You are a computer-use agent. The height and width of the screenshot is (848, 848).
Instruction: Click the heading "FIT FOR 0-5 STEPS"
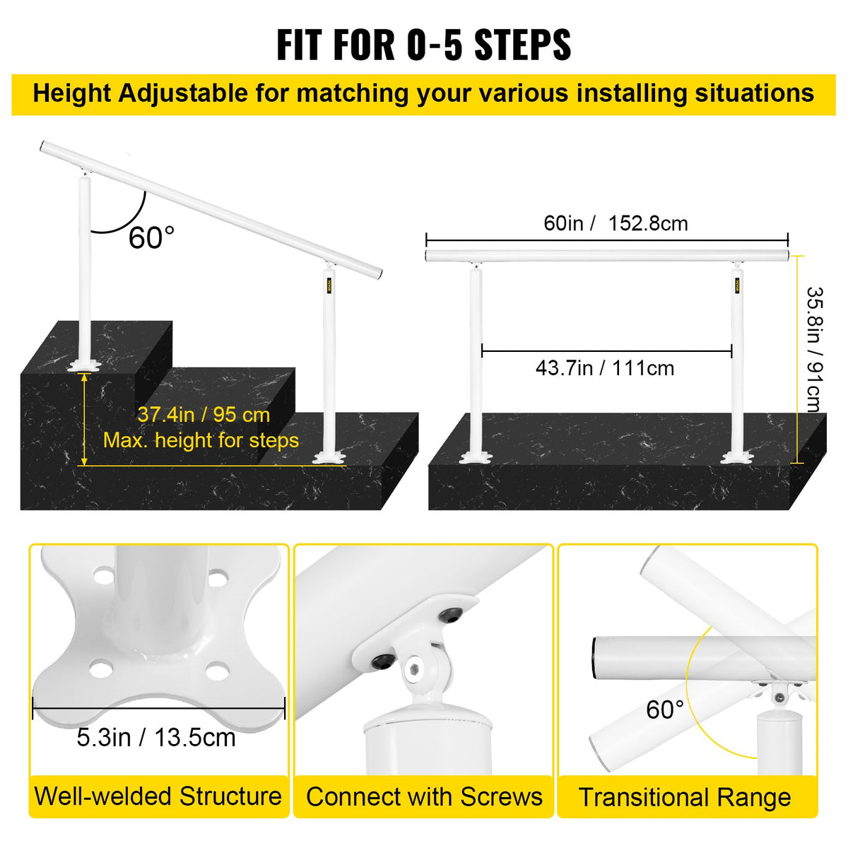(x=423, y=45)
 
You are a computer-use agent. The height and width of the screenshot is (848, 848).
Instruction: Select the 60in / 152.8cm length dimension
(x=616, y=223)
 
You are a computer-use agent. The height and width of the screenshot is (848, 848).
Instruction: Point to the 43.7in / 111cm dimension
(x=605, y=368)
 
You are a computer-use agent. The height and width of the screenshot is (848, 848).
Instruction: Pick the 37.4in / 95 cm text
(x=204, y=415)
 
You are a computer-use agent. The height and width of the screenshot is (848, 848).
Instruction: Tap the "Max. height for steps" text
(x=201, y=440)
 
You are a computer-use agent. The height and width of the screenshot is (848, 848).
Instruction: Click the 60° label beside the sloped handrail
(x=151, y=238)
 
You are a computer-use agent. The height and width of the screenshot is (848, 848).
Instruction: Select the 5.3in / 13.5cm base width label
(x=156, y=738)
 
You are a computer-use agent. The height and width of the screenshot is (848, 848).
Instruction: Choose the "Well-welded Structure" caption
(x=158, y=796)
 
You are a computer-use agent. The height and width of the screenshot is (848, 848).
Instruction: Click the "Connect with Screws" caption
(x=424, y=797)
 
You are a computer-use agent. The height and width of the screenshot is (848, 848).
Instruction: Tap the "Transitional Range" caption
(x=685, y=797)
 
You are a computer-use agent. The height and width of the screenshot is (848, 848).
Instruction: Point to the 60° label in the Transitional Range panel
(x=665, y=709)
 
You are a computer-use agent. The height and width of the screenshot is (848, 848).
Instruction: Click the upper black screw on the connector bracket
(x=449, y=616)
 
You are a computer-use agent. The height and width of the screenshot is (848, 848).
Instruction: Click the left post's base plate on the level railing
(x=476, y=459)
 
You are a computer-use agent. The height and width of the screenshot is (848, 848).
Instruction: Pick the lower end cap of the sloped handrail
(x=379, y=273)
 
